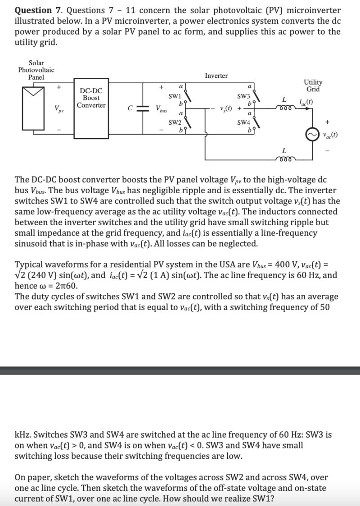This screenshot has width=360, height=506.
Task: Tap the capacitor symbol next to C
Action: click(x=144, y=108)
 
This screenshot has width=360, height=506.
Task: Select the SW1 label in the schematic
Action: click(x=175, y=96)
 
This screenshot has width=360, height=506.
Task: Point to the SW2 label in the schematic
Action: click(x=175, y=122)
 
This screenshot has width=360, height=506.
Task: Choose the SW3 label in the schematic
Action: click(x=243, y=96)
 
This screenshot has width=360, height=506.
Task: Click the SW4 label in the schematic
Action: click(x=243, y=122)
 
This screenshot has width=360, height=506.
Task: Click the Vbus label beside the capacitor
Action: click(x=161, y=109)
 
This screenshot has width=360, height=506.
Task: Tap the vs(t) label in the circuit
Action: click(x=226, y=108)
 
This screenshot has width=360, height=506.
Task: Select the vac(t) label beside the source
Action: click(x=331, y=135)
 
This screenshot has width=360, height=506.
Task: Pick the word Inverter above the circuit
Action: click(x=216, y=76)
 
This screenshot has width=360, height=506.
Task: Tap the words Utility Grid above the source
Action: click(x=313, y=86)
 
